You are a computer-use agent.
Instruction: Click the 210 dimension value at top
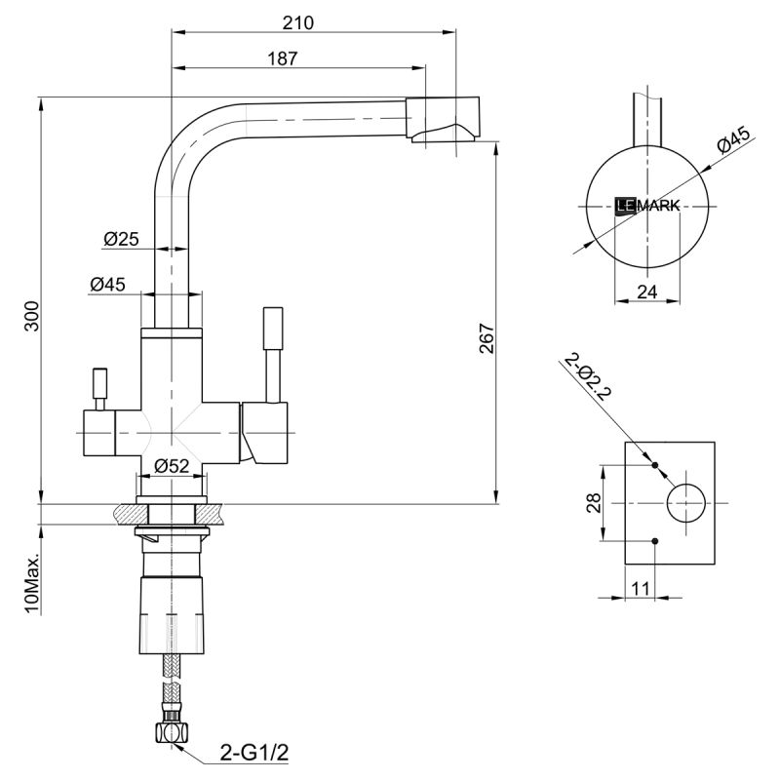pyautogui.click(x=299, y=22)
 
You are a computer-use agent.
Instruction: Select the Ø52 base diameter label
pyautogui.click(x=172, y=467)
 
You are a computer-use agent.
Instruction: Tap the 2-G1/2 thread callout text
pyautogui.click(x=253, y=754)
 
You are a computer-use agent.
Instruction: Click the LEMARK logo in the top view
pyautogui.click(x=647, y=205)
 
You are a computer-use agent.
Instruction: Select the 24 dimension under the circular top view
pyautogui.click(x=646, y=291)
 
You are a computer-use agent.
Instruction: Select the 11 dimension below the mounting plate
pyautogui.click(x=640, y=587)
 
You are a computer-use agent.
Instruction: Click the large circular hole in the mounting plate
pyautogui.click(x=686, y=502)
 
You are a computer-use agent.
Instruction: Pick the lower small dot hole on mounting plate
pyautogui.click(x=655, y=541)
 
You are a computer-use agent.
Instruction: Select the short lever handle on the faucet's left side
pyautogui.click(x=98, y=387)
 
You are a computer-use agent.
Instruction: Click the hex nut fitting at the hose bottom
pyautogui.click(x=172, y=730)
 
